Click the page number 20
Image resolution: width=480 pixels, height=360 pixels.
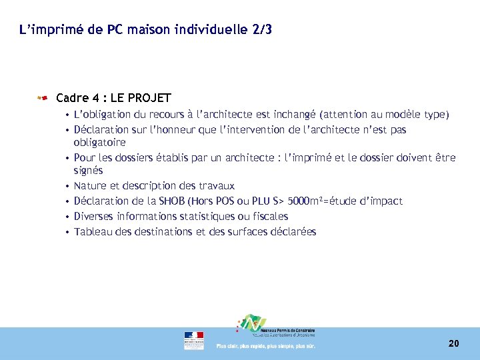[453, 343]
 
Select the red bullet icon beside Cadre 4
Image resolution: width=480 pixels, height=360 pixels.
[43, 98]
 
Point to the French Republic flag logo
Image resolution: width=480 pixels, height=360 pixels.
[194, 340]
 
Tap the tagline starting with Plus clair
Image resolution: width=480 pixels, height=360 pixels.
[265, 346]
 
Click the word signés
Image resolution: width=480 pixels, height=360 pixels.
[89, 171]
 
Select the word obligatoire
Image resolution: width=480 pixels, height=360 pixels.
[100, 142]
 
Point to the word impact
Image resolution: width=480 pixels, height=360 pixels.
[386, 201]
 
